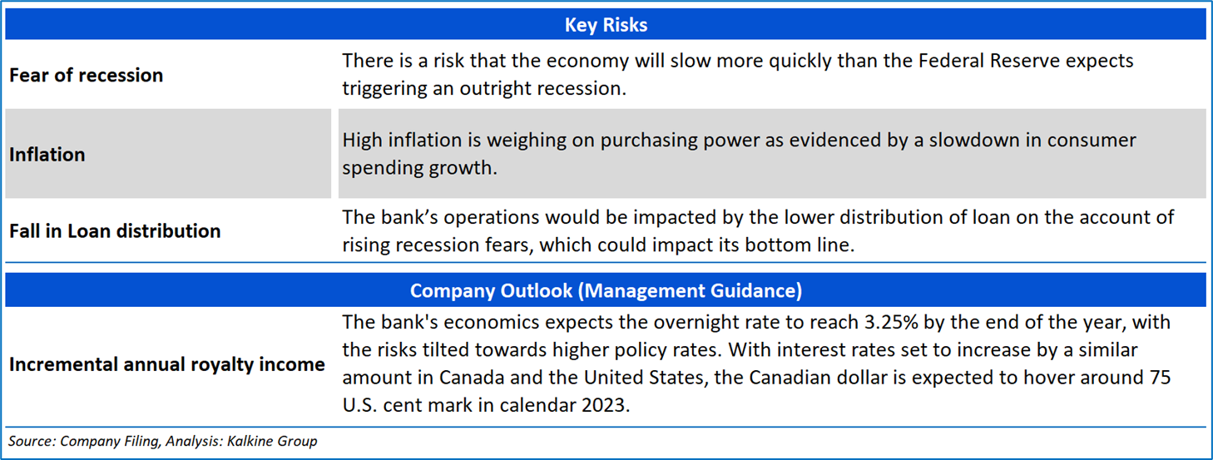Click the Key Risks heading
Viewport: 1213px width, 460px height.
click(606, 25)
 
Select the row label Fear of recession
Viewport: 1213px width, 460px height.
click(86, 75)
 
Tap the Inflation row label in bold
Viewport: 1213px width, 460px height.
click(47, 155)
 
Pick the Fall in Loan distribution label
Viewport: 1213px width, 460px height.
click(115, 231)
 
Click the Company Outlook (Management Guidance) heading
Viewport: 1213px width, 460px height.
click(606, 290)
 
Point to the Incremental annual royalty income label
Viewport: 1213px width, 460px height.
click(166, 364)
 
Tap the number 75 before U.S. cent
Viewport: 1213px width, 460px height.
click(1160, 377)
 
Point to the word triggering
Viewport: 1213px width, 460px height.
click(384, 89)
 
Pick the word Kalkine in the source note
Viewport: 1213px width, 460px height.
click(249, 441)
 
